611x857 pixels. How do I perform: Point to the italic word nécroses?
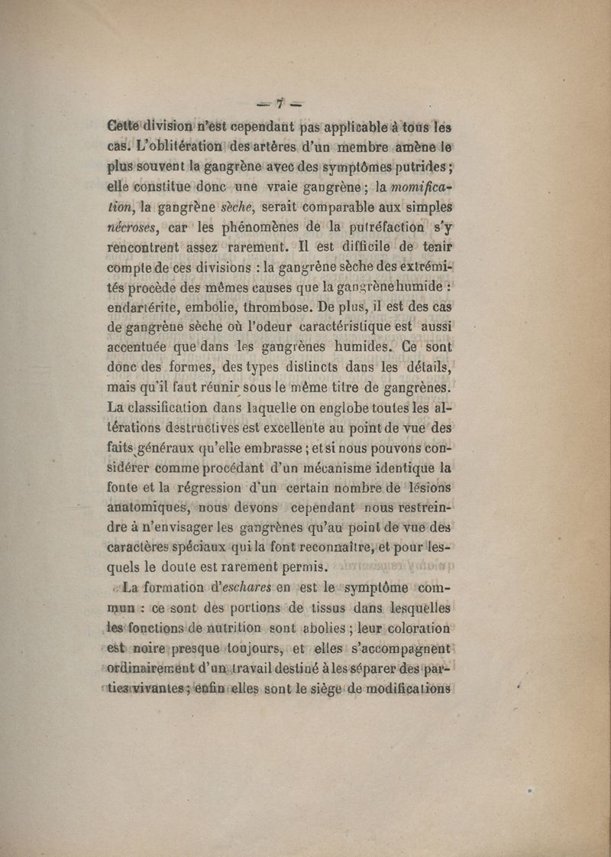point(131,226)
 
